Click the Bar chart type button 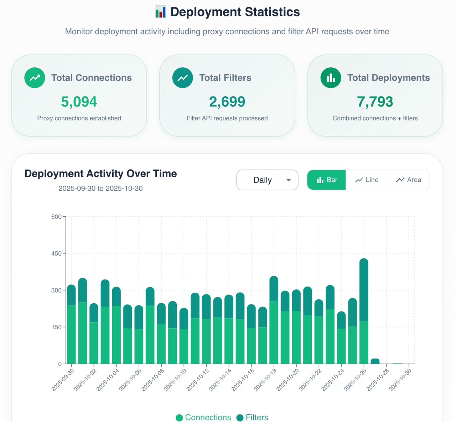click(326, 180)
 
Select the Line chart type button click(367, 180)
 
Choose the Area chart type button click(408, 180)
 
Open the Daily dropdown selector click(267, 180)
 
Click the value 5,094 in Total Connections click(79, 102)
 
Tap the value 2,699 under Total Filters click(227, 102)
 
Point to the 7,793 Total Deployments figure click(375, 102)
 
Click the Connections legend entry click(203, 417)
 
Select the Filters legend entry click(252, 417)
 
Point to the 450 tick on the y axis click(56, 253)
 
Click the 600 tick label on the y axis click(56, 217)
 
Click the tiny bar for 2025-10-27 click(375, 361)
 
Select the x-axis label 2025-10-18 click(265, 380)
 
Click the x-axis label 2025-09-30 click(63, 380)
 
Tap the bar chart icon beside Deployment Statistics click(161, 12)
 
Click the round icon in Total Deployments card click(331, 78)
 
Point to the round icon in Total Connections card click(35, 78)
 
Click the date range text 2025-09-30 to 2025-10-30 click(100, 189)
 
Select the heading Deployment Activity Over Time click(100, 174)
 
